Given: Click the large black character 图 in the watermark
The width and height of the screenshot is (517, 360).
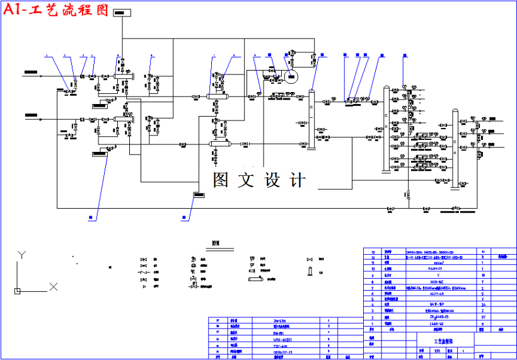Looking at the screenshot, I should tap(220, 180).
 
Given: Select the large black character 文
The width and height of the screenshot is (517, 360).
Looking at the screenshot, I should tap(246, 180).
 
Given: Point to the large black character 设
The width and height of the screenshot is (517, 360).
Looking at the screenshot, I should tap(272, 180).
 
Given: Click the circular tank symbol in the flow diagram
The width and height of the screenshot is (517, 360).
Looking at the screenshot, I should tap(291, 78).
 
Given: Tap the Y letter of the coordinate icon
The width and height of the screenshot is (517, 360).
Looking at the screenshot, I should tap(21, 255).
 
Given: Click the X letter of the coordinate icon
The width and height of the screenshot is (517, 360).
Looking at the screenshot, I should tap(54, 287).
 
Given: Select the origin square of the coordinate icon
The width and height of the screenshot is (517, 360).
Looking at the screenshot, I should tap(17, 291).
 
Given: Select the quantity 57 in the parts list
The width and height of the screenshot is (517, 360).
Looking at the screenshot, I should tap(482, 318).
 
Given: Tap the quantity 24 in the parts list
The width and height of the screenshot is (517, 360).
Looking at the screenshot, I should tap(482, 303).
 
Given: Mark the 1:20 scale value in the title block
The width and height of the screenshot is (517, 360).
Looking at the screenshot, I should tap(438, 350).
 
